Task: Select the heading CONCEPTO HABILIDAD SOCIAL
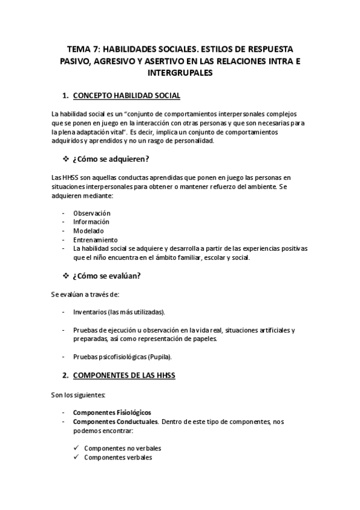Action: [126, 96]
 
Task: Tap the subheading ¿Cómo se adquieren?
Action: [111, 159]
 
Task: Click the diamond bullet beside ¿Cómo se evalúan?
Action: [66, 276]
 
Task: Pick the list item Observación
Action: [91, 213]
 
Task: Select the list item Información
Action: [91, 221]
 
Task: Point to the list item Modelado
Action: [88, 230]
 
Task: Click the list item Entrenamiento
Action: [95, 239]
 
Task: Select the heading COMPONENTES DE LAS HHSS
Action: [124, 376]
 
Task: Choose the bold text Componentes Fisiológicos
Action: [112, 413]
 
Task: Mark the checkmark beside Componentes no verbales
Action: [76, 448]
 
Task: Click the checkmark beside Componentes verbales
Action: [76, 457]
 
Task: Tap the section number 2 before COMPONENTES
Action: [65, 376]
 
